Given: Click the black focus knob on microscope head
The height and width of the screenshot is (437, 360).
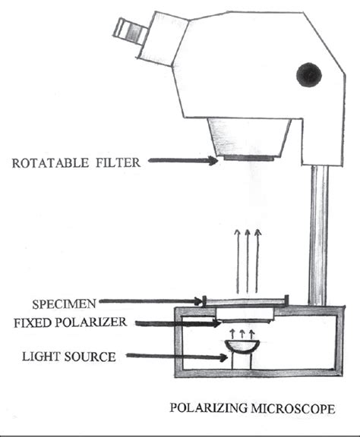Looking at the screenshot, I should tap(310, 74).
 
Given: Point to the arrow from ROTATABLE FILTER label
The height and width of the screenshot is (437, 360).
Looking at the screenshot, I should tap(182, 160).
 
